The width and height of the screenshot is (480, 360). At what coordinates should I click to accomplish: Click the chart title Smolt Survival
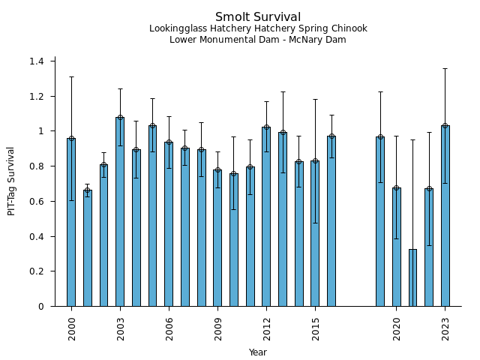tap(258, 17)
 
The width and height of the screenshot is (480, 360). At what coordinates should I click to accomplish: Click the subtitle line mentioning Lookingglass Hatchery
tap(258, 29)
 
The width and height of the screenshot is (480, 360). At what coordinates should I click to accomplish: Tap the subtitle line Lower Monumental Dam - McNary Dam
tap(258, 40)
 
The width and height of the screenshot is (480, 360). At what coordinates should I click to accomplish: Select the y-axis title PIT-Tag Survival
tap(11, 181)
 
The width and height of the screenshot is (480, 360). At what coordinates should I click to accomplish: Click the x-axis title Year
tap(258, 352)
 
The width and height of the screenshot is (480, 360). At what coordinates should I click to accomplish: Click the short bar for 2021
tap(412, 278)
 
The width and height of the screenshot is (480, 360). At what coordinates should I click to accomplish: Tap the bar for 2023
tap(445, 217)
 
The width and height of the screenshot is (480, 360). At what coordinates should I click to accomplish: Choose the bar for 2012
tap(266, 217)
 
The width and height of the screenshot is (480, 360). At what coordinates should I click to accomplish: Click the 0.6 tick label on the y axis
tap(38, 201)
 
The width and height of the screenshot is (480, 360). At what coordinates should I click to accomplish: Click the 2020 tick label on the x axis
tap(397, 328)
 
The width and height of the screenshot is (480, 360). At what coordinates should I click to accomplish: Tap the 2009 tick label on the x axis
tap(217, 328)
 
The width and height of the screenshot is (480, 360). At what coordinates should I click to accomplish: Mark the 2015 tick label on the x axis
tap(315, 328)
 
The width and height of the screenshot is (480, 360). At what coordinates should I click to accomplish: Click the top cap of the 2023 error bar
tap(445, 69)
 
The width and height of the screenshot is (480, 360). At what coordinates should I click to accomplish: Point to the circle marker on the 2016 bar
tap(331, 136)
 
